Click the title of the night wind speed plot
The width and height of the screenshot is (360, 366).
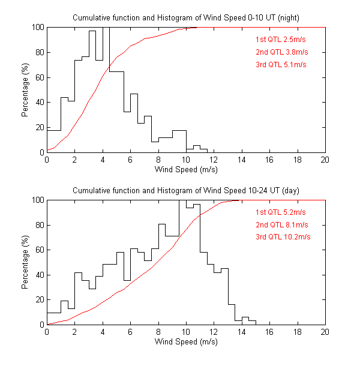[x=186, y=17]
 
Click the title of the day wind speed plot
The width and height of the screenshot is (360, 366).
[x=186, y=190]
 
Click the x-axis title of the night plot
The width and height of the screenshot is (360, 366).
[x=186, y=170]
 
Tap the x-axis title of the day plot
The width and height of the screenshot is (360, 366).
[x=186, y=343]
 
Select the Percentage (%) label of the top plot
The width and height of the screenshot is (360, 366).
[x=25, y=90]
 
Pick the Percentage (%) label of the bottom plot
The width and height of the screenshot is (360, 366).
[x=25, y=262]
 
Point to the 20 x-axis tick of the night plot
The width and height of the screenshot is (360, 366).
[x=325, y=160]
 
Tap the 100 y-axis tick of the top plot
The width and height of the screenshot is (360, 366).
[x=37, y=28]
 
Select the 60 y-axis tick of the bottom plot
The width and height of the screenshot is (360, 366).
[x=39, y=250]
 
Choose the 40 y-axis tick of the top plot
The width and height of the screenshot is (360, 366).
[x=39, y=103]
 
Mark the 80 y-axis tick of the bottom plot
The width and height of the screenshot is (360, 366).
[x=39, y=225]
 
